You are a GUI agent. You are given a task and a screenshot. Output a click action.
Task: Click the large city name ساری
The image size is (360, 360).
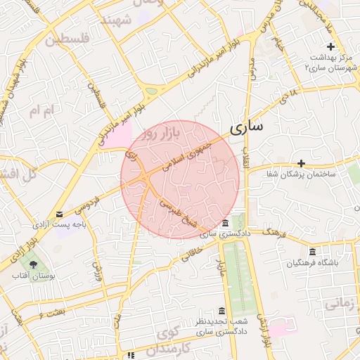(x=247, y=128)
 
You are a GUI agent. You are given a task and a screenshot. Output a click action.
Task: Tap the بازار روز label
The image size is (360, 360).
(x=160, y=133)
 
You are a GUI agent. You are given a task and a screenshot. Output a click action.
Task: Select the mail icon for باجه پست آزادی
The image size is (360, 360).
(x=59, y=213)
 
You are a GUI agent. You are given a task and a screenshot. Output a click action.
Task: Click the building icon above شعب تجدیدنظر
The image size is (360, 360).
(x=222, y=311)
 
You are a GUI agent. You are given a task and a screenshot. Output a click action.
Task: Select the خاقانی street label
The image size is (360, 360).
(x=195, y=252)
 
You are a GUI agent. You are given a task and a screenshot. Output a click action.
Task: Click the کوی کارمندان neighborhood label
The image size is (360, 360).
(x=169, y=338)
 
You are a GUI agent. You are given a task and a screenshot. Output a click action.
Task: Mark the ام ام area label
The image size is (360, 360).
(x=41, y=111)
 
